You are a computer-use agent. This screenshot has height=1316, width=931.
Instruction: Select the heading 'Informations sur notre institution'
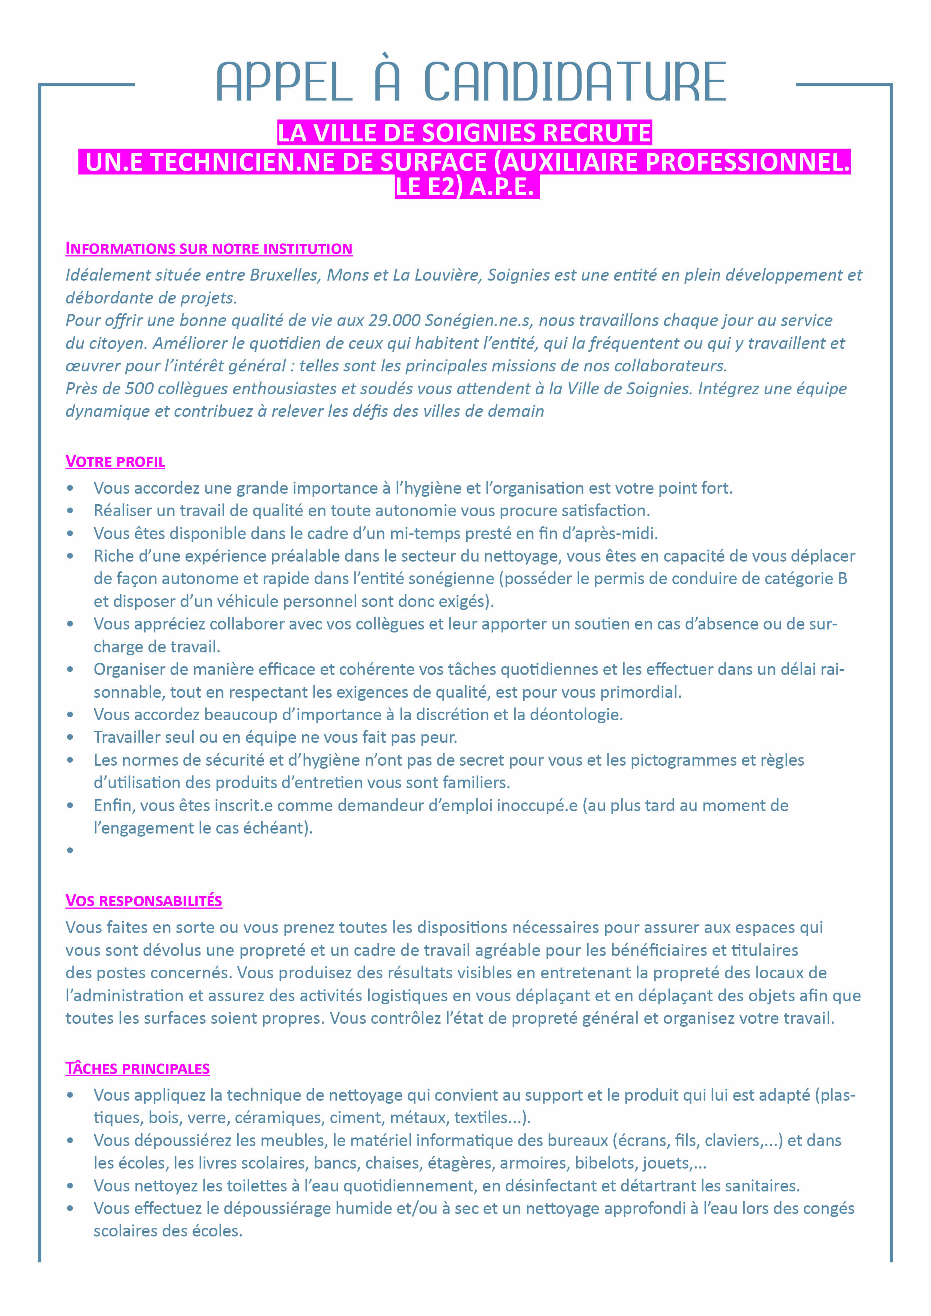click(209, 249)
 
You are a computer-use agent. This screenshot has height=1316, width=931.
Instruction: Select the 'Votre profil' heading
click(115, 461)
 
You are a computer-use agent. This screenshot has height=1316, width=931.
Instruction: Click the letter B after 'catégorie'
click(842, 579)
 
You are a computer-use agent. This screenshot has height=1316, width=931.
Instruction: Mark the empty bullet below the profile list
click(70, 850)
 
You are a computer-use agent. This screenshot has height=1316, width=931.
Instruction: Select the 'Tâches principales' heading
click(138, 1068)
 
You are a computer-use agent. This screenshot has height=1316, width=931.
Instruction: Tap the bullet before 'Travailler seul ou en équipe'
click(70, 738)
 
